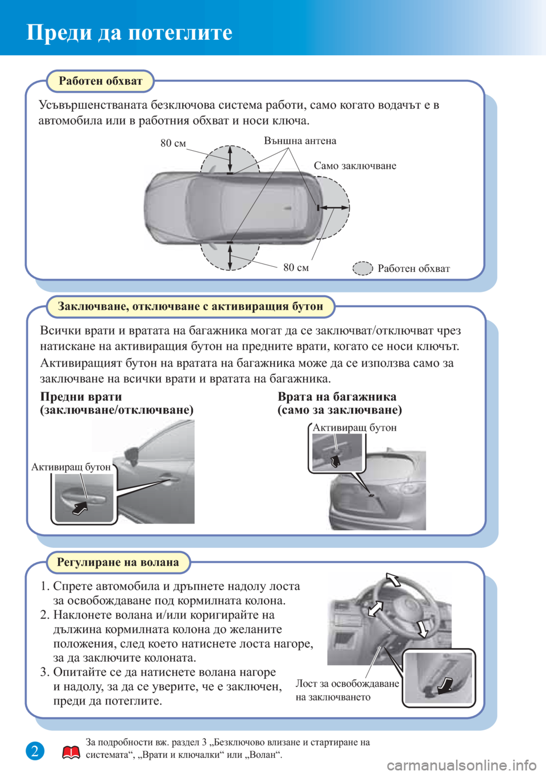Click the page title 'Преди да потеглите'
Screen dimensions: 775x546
pyautogui.click(x=130, y=32)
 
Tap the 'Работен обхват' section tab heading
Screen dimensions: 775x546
pyautogui.click(x=100, y=81)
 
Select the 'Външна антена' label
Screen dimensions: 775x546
pyautogui.click(x=300, y=141)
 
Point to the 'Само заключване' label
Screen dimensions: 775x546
pyautogui.click(x=355, y=166)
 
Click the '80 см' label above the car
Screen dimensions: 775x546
pyautogui.click(x=173, y=143)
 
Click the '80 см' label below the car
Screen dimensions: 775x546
pyautogui.click(x=296, y=267)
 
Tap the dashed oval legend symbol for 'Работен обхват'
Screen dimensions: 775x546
pyautogui.click(x=362, y=268)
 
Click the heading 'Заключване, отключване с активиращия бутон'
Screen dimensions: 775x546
pyautogui.click(x=190, y=307)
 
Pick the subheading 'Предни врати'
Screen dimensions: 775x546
pyautogui.click(x=81, y=397)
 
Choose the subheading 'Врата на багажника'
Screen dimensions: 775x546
pyautogui.click(x=337, y=397)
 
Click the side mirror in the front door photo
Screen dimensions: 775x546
pyautogui.click(x=131, y=454)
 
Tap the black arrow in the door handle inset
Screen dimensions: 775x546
pyautogui.click(x=80, y=508)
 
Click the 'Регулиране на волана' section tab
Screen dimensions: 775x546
pyautogui.click(x=118, y=562)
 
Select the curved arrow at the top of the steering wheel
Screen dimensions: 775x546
pyautogui.click(x=393, y=579)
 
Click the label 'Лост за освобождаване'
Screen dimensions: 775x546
pyautogui.click(x=347, y=683)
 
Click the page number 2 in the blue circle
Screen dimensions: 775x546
pyautogui.click(x=35, y=751)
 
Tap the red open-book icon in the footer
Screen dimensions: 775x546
pyautogui.click(x=71, y=753)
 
